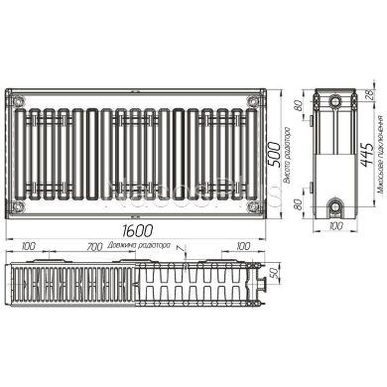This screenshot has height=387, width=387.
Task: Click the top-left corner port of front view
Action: click(17, 100)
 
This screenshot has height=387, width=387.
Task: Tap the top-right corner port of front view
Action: click(257, 100)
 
